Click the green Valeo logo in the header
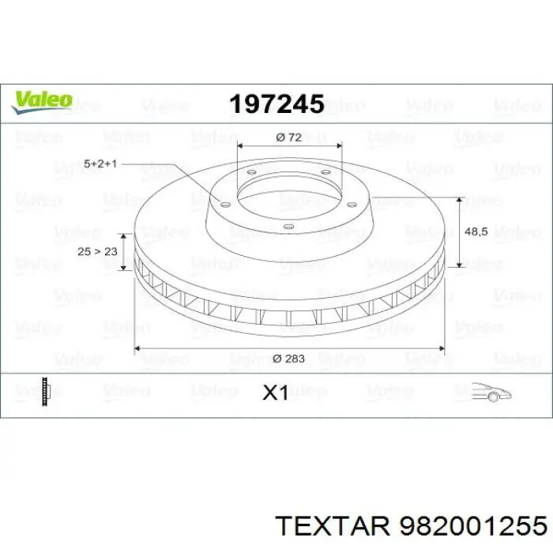(42, 100)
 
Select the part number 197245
(276, 103)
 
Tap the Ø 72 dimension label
(290, 137)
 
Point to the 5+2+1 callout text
(100, 164)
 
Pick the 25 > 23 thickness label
(97, 251)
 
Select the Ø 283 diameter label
(288, 359)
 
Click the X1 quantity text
(275, 393)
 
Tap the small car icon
(491, 390)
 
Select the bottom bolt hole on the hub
(288, 230)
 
